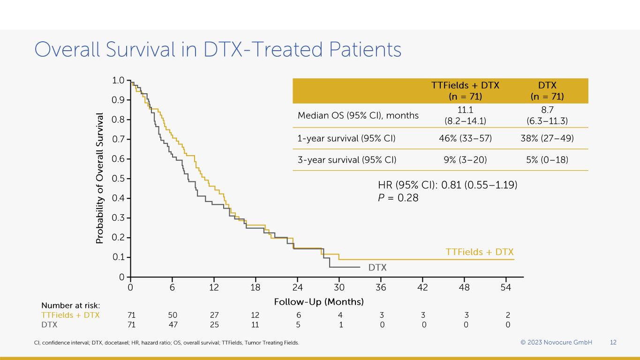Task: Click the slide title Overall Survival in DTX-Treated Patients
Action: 218,50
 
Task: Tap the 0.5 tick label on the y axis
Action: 118,179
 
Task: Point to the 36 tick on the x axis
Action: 381,287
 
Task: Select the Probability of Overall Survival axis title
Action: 100,178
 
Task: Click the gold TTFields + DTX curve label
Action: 480,252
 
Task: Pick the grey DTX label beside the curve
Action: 377,268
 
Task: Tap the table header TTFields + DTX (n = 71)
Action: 465,91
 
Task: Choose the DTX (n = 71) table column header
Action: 547,91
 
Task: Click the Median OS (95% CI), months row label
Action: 358,115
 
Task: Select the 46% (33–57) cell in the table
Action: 465,139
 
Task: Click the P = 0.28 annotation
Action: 398,198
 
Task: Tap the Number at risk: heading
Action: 71,306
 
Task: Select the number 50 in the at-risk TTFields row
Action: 173,315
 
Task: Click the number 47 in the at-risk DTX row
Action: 173,324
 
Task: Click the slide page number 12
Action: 613,343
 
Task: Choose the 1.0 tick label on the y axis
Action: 118,81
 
